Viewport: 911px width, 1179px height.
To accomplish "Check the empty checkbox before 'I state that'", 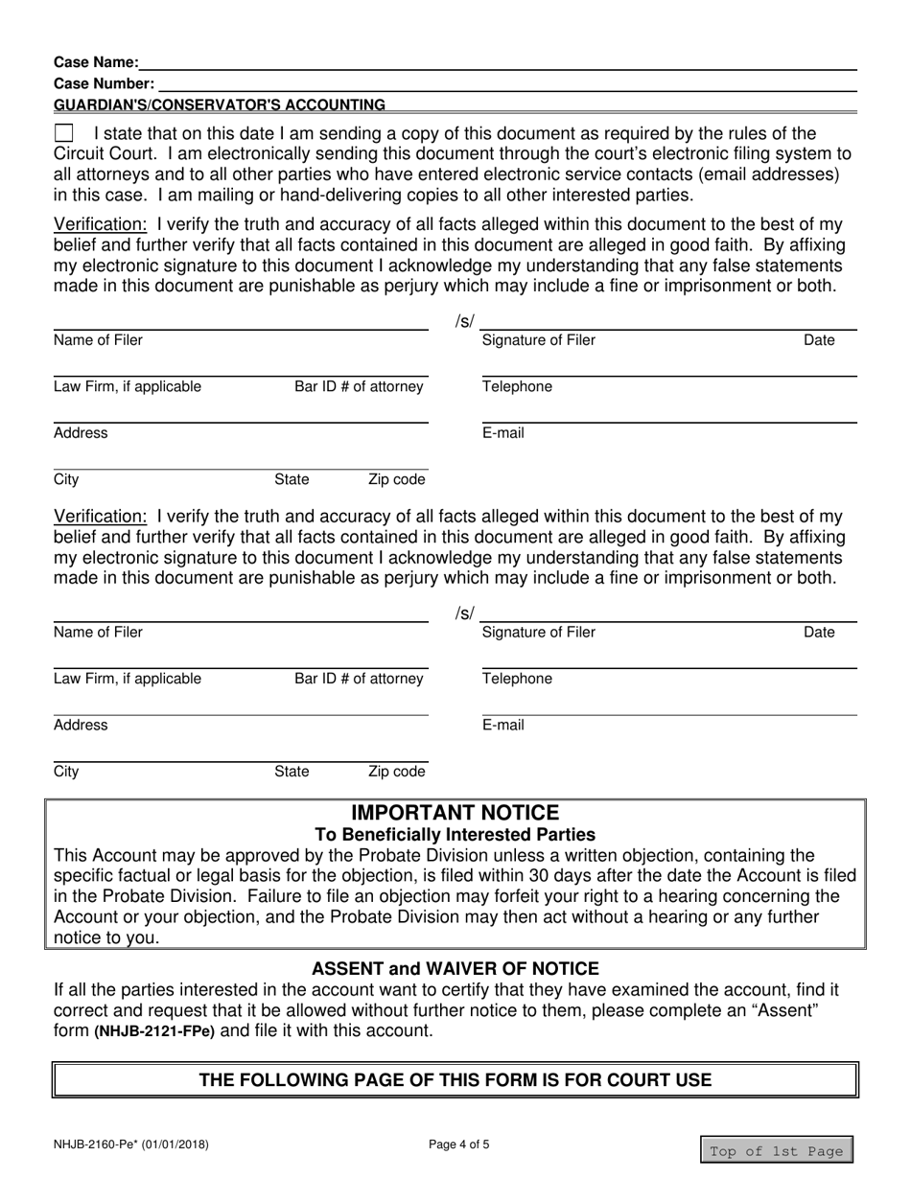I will [x=63, y=133].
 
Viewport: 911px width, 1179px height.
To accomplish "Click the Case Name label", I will [x=96, y=62].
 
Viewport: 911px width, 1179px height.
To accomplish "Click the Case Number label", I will [x=104, y=83].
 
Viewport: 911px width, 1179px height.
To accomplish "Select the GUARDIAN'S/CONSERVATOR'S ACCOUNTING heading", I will [x=220, y=104].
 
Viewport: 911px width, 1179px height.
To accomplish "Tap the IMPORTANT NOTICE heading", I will [x=455, y=814].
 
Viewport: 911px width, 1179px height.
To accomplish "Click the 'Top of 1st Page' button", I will [x=776, y=1150].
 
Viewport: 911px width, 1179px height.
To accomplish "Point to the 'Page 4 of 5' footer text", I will [x=455, y=1144].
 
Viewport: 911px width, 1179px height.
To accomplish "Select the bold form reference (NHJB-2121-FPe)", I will [x=154, y=1032].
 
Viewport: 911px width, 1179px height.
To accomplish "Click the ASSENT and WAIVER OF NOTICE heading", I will [x=455, y=969].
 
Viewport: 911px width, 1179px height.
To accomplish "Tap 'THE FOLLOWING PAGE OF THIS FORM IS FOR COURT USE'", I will [x=455, y=1080].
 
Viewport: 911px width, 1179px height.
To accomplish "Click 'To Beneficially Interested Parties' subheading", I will [x=455, y=835].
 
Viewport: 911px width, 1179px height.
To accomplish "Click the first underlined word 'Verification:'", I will [x=100, y=224].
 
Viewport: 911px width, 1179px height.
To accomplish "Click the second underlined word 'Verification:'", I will [x=100, y=517].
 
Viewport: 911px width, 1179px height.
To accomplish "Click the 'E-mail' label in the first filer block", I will [x=503, y=433].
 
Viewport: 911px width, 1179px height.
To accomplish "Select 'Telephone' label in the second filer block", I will [x=517, y=680].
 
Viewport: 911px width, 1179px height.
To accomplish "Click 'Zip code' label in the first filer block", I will [x=396, y=479].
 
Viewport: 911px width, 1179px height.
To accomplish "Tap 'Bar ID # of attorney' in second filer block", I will [x=359, y=680].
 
